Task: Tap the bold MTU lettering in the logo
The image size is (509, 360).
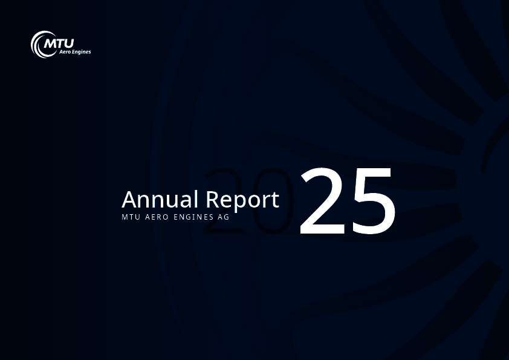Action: [59, 43]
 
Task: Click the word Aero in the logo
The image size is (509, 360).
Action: [65, 51]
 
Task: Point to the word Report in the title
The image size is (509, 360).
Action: [242, 200]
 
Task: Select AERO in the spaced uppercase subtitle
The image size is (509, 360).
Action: [157, 217]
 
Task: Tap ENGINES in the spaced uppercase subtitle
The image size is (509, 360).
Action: [193, 217]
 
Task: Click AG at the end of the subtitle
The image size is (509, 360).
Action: [224, 217]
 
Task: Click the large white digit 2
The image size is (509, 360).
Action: [322, 201]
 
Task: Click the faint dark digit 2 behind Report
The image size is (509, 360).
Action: [224, 201]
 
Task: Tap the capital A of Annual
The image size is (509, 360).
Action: [129, 199]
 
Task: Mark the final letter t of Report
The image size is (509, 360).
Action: [275, 200]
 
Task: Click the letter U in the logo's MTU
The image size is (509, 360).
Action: [68, 44]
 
